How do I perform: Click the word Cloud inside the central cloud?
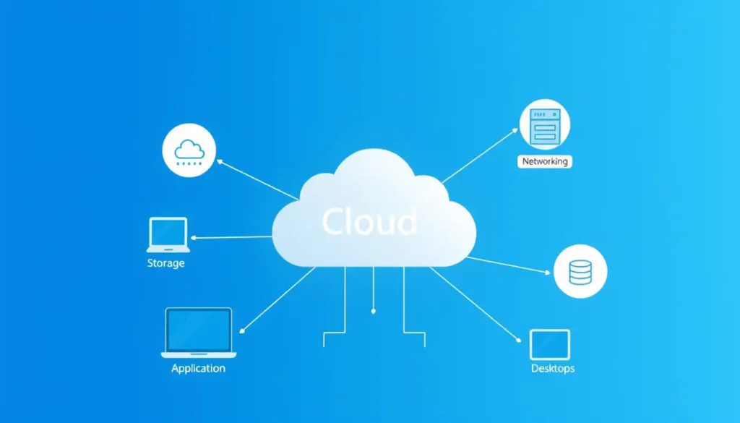pyautogui.click(x=369, y=222)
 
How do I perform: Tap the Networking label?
pyautogui.click(x=545, y=161)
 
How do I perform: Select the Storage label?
pyautogui.click(x=165, y=263)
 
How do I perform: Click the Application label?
pyautogui.click(x=198, y=368)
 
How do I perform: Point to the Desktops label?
pyautogui.click(x=552, y=369)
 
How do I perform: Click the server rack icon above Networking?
pyautogui.click(x=544, y=125)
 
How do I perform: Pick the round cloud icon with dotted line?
pyautogui.click(x=189, y=150)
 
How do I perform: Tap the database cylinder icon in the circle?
pyautogui.click(x=580, y=271)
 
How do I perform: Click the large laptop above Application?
pyautogui.click(x=199, y=332)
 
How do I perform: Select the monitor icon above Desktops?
pyautogui.click(x=550, y=344)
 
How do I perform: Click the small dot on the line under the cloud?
pyautogui.click(x=373, y=312)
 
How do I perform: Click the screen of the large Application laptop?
pyautogui.click(x=199, y=329)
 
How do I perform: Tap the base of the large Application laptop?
pyautogui.click(x=199, y=354)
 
